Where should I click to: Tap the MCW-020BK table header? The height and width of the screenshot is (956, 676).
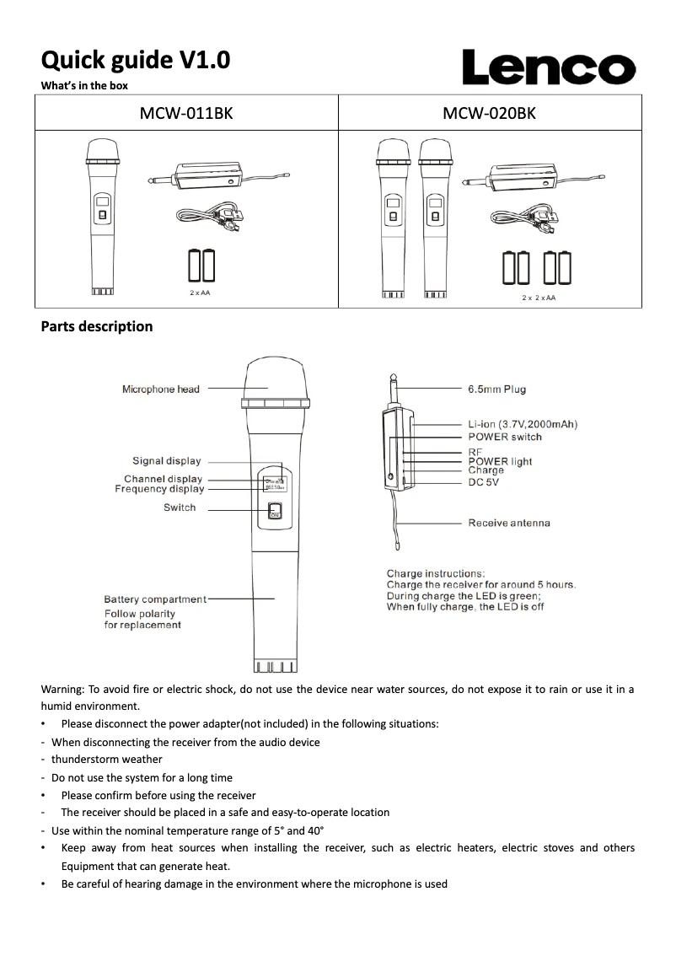(x=489, y=113)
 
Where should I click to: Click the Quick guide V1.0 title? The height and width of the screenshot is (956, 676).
(x=136, y=60)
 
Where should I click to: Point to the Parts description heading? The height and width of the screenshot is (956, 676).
(x=97, y=326)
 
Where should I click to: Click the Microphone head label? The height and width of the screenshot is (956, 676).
(x=161, y=389)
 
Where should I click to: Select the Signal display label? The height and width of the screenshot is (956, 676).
(x=167, y=460)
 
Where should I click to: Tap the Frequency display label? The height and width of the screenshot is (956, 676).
(x=159, y=489)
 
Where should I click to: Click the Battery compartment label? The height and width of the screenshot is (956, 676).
(x=155, y=599)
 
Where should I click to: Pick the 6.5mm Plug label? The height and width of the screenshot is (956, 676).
(x=496, y=389)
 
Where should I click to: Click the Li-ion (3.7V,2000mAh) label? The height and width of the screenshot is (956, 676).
(x=523, y=424)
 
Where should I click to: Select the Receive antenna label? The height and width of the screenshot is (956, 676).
(x=509, y=523)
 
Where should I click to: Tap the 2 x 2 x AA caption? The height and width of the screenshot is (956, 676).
(x=539, y=298)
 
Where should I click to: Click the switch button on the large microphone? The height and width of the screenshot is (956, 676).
(x=274, y=512)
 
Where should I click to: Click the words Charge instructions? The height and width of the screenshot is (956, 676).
(x=435, y=573)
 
